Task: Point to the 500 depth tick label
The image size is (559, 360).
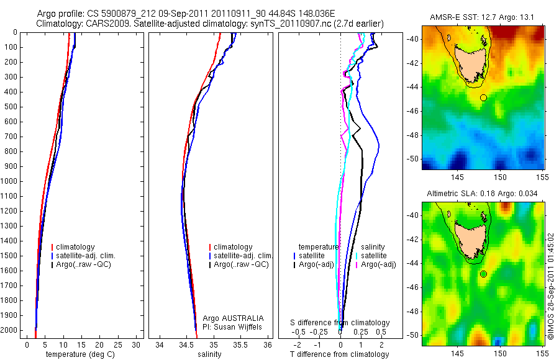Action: tap(11, 107)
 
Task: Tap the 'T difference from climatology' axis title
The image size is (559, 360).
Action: tap(340, 354)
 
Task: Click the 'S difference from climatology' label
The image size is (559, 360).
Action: tap(340, 323)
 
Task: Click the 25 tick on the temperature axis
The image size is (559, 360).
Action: tap(117, 344)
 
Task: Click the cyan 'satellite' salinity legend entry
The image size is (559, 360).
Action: tap(373, 256)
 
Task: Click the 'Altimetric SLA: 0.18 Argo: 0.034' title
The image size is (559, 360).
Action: tap(483, 194)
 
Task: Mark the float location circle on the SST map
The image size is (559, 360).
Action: tap(483, 97)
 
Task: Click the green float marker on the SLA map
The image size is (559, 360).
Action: tap(483, 274)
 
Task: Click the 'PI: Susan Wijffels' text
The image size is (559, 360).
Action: tap(233, 326)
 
